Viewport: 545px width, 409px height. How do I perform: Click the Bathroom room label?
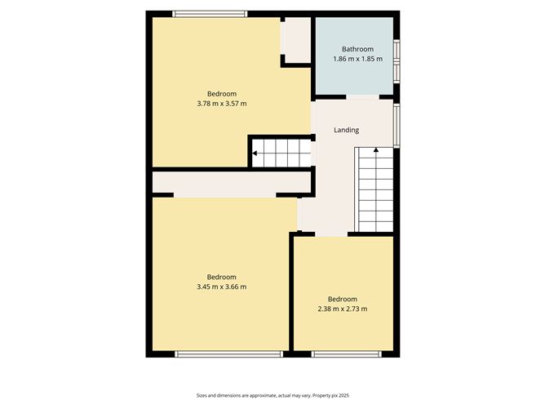tap(357, 48)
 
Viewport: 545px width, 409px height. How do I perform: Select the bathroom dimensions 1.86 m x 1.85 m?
tap(357, 59)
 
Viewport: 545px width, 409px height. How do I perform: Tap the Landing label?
tap(346, 130)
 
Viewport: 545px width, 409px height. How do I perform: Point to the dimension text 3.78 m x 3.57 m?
tap(221, 104)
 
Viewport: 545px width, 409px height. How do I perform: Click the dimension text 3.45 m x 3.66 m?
tap(221, 287)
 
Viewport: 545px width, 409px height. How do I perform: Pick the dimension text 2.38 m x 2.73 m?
tap(343, 309)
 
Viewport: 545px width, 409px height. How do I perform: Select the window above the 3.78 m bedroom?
tap(210, 13)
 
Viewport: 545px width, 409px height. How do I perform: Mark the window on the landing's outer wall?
tap(397, 124)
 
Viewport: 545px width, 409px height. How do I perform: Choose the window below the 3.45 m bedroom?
tap(228, 353)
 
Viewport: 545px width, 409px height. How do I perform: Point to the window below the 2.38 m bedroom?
tap(345, 353)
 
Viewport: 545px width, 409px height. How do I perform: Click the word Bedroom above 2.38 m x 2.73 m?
tap(343, 298)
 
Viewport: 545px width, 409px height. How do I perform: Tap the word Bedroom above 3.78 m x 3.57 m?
tap(221, 93)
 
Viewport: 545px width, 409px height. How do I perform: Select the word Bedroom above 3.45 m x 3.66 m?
tap(221, 276)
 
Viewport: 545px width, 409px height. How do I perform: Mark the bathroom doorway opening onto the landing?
tap(362, 97)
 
